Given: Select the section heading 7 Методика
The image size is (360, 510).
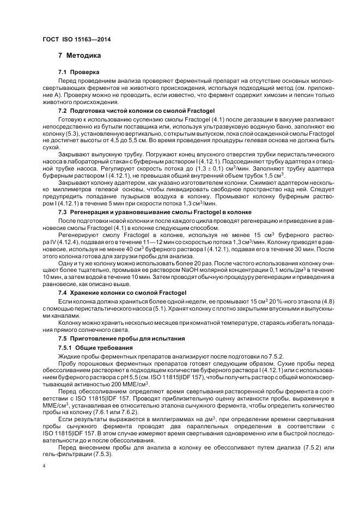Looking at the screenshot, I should click(x=80, y=56).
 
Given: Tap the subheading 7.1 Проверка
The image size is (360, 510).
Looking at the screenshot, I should click(x=79, y=72).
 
